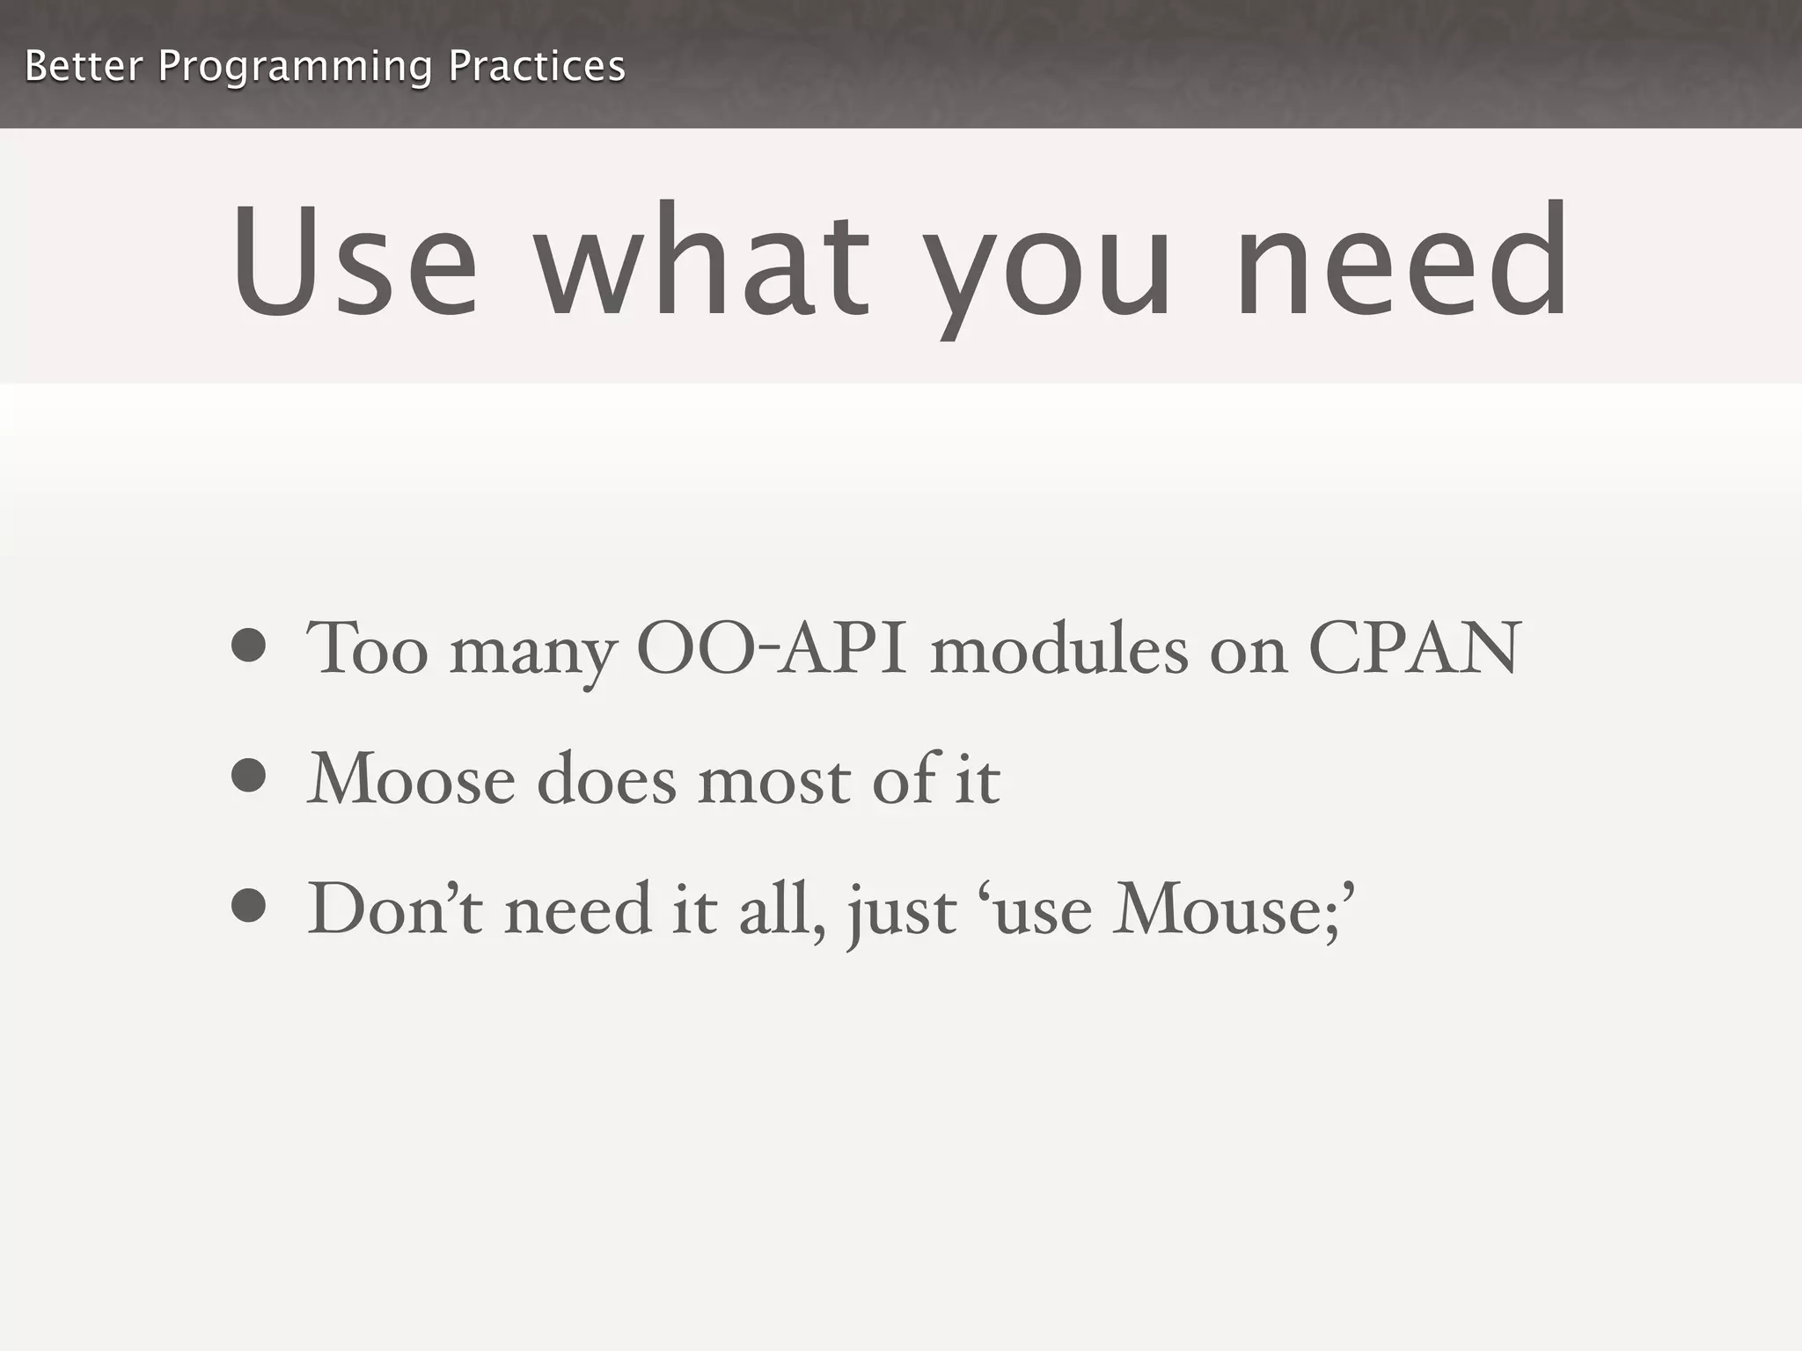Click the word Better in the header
83,66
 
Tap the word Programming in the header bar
295,68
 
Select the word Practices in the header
536,66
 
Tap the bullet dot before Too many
249,646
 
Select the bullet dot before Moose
249,776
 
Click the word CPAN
1414,649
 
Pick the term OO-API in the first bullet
771,649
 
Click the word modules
1058,649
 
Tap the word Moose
411,779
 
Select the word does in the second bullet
606,779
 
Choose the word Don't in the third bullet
395,909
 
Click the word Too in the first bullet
367,649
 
